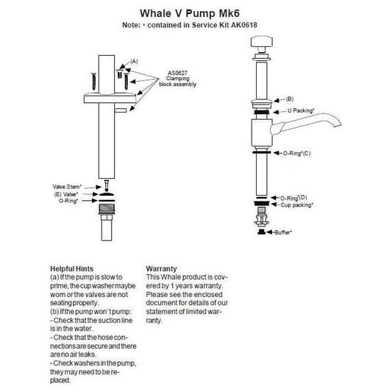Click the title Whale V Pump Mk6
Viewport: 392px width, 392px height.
point(190,13)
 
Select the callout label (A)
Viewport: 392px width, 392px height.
point(134,62)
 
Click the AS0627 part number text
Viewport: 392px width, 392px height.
point(177,73)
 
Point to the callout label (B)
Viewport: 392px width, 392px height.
point(290,99)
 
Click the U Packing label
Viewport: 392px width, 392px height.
point(301,110)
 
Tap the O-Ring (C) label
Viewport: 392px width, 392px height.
point(296,153)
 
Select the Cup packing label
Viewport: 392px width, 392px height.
point(296,205)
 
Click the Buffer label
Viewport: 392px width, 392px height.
point(283,232)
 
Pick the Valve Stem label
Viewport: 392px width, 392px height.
point(67,187)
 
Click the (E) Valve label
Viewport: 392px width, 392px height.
point(66,194)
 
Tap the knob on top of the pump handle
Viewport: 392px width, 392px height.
point(262,42)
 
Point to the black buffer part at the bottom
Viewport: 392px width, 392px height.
point(262,232)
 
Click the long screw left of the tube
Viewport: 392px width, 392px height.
point(94,82)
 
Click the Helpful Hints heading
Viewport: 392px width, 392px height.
point(72,268)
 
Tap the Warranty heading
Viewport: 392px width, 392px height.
point(161,268)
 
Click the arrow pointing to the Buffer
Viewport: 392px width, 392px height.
point(271,232)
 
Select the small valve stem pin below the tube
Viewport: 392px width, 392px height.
point(107,185)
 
